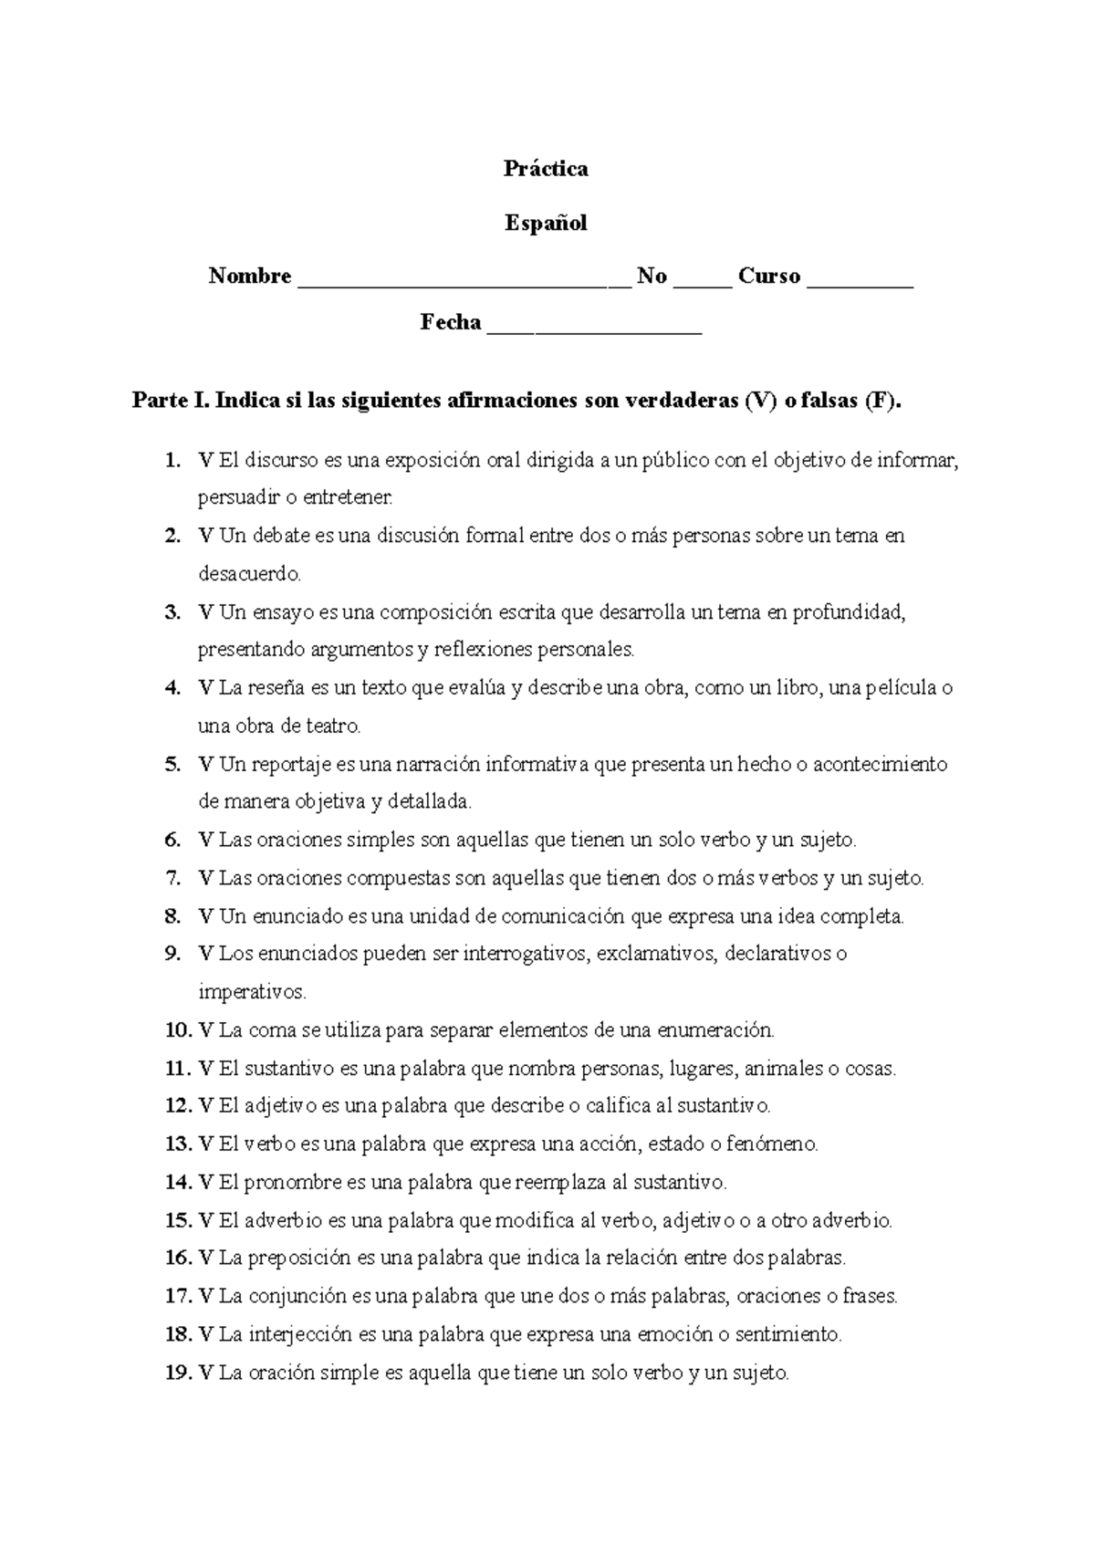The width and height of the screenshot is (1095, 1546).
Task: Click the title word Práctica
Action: pyautogui.click(x=546, y=169)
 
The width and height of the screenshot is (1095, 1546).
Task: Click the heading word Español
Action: pyautogui.click(x=546, y=223)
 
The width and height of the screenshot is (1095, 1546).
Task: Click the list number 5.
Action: pyautogui.click(x=172, y=765)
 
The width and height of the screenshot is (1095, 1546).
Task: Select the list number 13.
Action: pyautogui.click(x=177, y=1144)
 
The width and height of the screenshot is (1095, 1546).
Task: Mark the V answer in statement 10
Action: pyautogui.click(x=204, y=1030)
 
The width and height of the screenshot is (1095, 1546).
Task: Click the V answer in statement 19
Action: pyautogui.click(x=204, y=1372)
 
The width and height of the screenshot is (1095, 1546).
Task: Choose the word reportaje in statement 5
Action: pyautogui.click(x=292, y=765)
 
